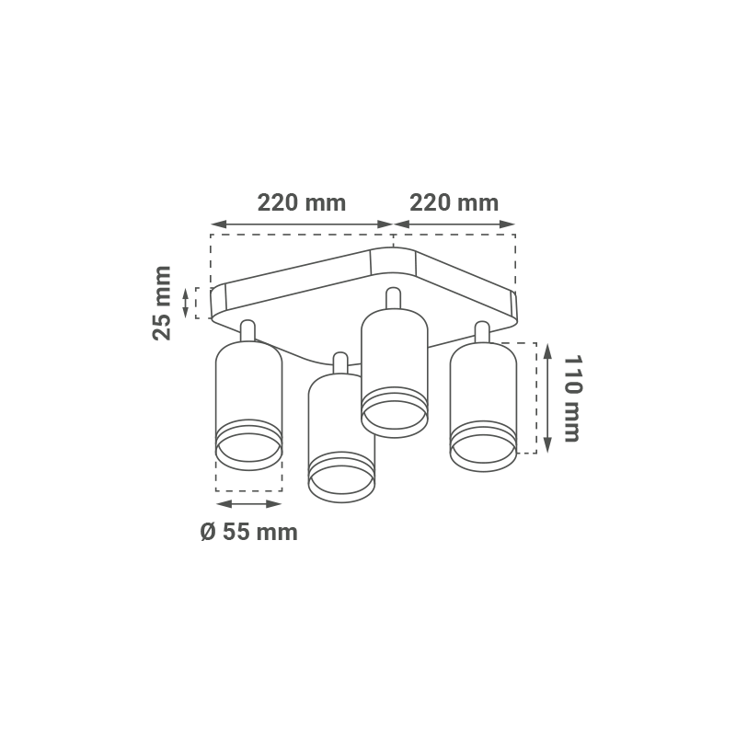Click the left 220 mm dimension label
coord(302,203)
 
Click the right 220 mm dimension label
coord(454,203)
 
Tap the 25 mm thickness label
coord(162,303)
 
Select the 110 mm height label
coord(572,398)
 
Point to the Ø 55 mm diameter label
coord(248,533)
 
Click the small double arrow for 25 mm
coord(186,303)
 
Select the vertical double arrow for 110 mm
coord(547,398)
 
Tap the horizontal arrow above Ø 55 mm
coord(248,503)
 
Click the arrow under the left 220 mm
coord(302,224)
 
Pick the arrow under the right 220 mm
coord(454,224)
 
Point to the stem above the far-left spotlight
coord(247,330)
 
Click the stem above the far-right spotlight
coord(482,332)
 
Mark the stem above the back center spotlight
coord(394,298)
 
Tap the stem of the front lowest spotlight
coord(340,363)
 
